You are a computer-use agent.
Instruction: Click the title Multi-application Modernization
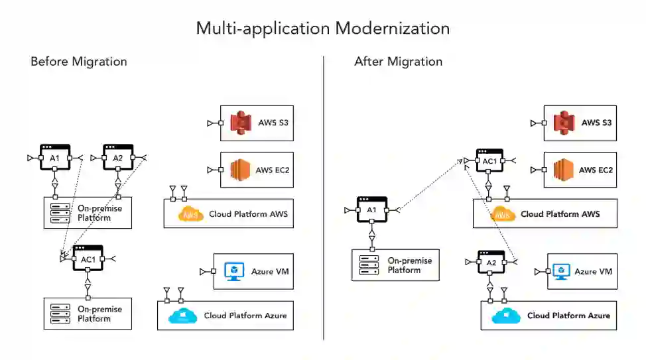click(322, 29)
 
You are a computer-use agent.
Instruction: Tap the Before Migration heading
click(78, 62)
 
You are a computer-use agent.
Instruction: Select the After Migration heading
click(398, 62)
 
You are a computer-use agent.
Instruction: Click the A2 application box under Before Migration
click(117, 157)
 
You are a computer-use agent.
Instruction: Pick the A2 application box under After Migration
click(491, 263)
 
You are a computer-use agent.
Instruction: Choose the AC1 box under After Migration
click(489, 161)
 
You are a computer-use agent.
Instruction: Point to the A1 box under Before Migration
click(54, 157)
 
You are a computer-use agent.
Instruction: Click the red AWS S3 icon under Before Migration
click(241, 123)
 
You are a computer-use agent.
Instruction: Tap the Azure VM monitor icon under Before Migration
click(234, 271)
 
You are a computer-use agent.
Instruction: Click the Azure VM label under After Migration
click(594, 272)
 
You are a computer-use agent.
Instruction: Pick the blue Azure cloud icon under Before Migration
click(182, 316)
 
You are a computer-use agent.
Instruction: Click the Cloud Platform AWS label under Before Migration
click(248, 214)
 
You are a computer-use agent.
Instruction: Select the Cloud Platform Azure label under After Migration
click(568, 316)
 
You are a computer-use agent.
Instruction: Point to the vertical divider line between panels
click(324, 199)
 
